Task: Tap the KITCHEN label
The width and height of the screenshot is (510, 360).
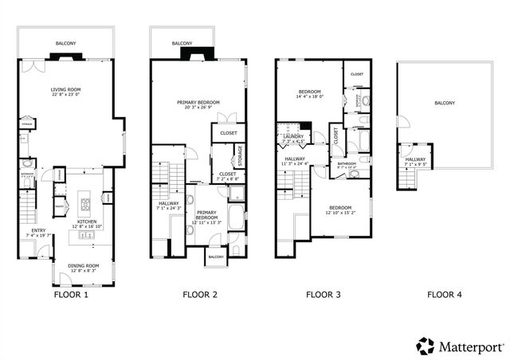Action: point(86,221)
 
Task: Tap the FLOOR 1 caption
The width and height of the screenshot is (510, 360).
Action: point(71,295)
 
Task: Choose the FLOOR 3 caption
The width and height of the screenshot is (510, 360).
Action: point(324,295)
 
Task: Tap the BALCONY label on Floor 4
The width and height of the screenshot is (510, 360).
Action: point(445,103)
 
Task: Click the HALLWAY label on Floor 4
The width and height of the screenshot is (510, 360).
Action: point(414,159)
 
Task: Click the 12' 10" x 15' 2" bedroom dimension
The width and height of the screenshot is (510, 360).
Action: point(339,213)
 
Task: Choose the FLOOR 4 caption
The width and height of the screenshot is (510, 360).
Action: point(444,295)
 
